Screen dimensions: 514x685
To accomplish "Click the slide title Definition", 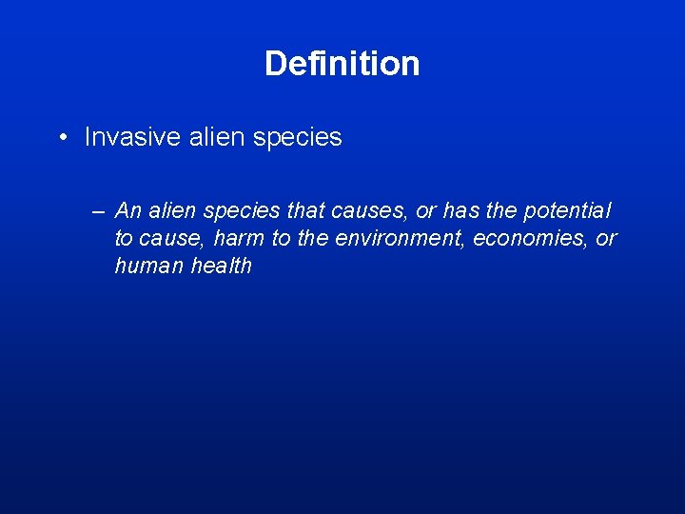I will (342, 64).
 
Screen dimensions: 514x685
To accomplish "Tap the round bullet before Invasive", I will (60, 138).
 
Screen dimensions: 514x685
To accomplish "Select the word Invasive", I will (123, 138).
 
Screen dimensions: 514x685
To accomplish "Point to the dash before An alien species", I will (98, 210).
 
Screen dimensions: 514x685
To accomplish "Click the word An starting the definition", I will (127, 210).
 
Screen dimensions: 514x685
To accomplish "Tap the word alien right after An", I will (167, 210).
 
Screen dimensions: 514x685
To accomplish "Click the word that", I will (306, 210).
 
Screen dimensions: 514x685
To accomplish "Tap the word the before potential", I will (501, 210).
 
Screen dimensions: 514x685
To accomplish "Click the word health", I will (222, 266).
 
